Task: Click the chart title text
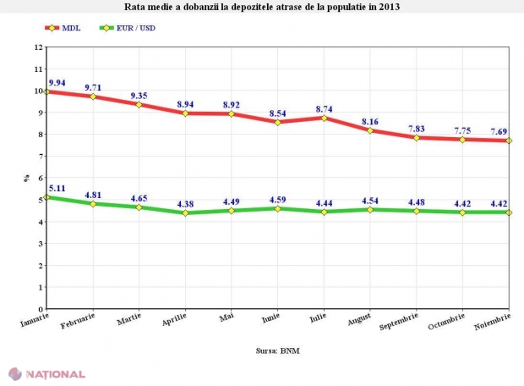click(262, 7)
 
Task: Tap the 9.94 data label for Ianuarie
click(57, 83)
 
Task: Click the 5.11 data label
click(57, 189)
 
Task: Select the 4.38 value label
click(186, 204)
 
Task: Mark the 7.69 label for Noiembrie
click(499, 132)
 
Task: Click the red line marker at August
click(370, 131)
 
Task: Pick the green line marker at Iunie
click(278, 208)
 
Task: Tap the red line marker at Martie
click(139, 105)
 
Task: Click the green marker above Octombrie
click(462, 212)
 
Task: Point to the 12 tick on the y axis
click(38, 47)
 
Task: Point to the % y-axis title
click(27, 179)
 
